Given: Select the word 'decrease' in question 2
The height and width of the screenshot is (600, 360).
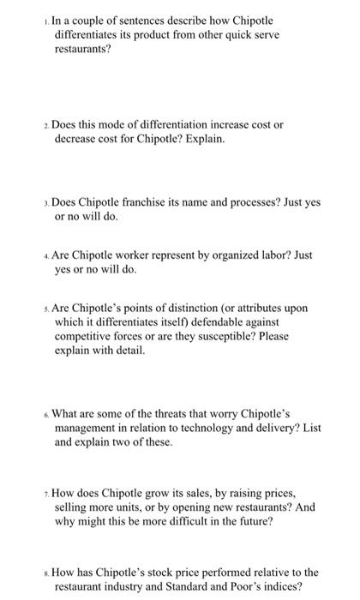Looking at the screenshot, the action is point(76,139).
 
